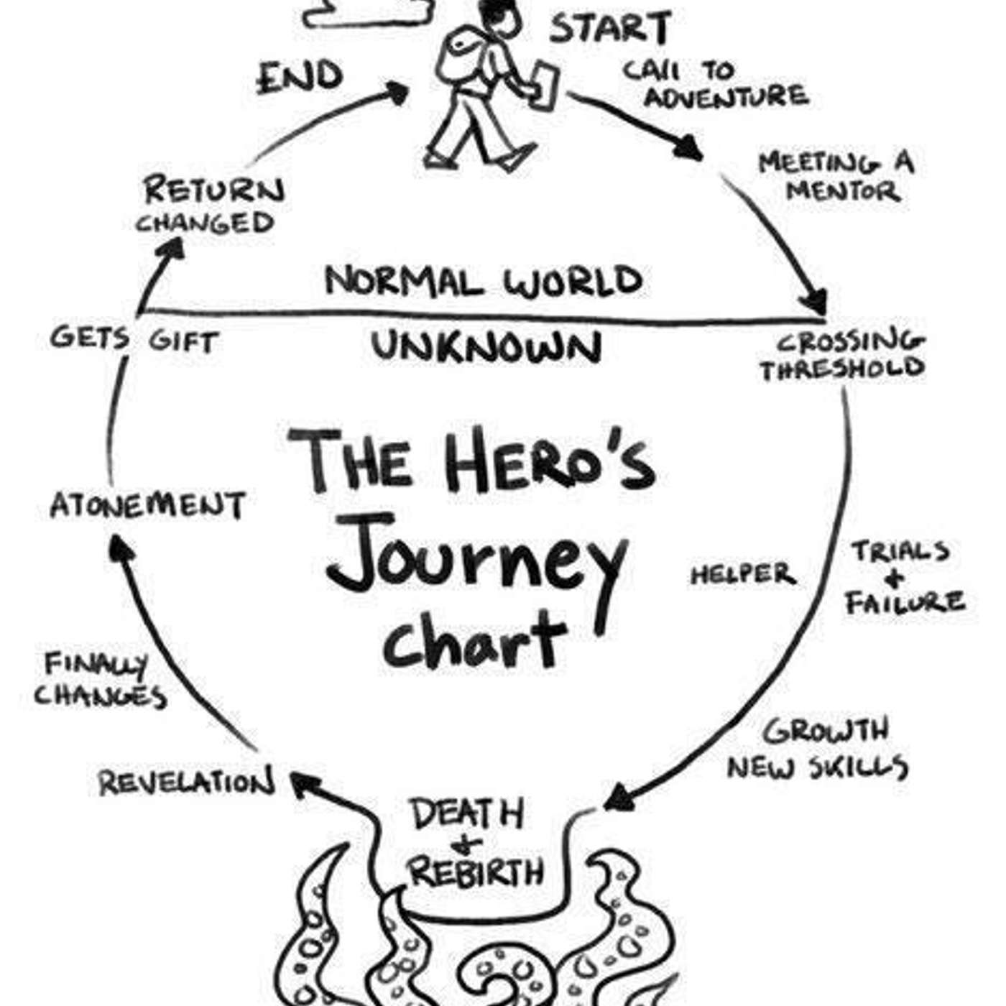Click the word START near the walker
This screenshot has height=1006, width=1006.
click(x=610, y=28)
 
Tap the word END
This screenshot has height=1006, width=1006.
click(x=300, y=78)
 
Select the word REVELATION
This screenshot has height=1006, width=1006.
click(x=187, y=783)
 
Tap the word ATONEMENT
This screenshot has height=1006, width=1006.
click(x=148, y=505)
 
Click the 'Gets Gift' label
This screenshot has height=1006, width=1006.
click(x=134, y=340)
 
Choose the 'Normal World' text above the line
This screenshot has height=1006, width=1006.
click(x=484, y=282)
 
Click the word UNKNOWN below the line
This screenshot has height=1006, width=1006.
click(x=486, y=346)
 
